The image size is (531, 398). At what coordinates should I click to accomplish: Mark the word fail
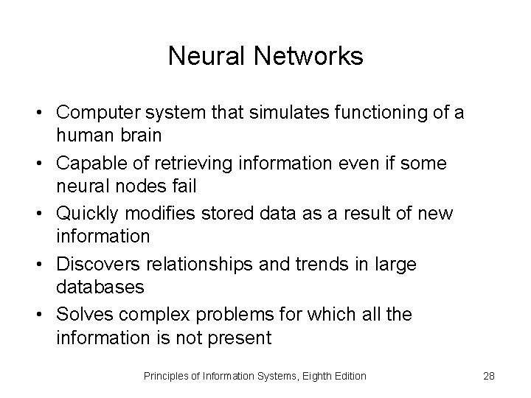pos(179,186)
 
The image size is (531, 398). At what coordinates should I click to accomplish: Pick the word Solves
pos(83,315)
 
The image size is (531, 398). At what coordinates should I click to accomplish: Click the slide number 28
pos(488,377)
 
